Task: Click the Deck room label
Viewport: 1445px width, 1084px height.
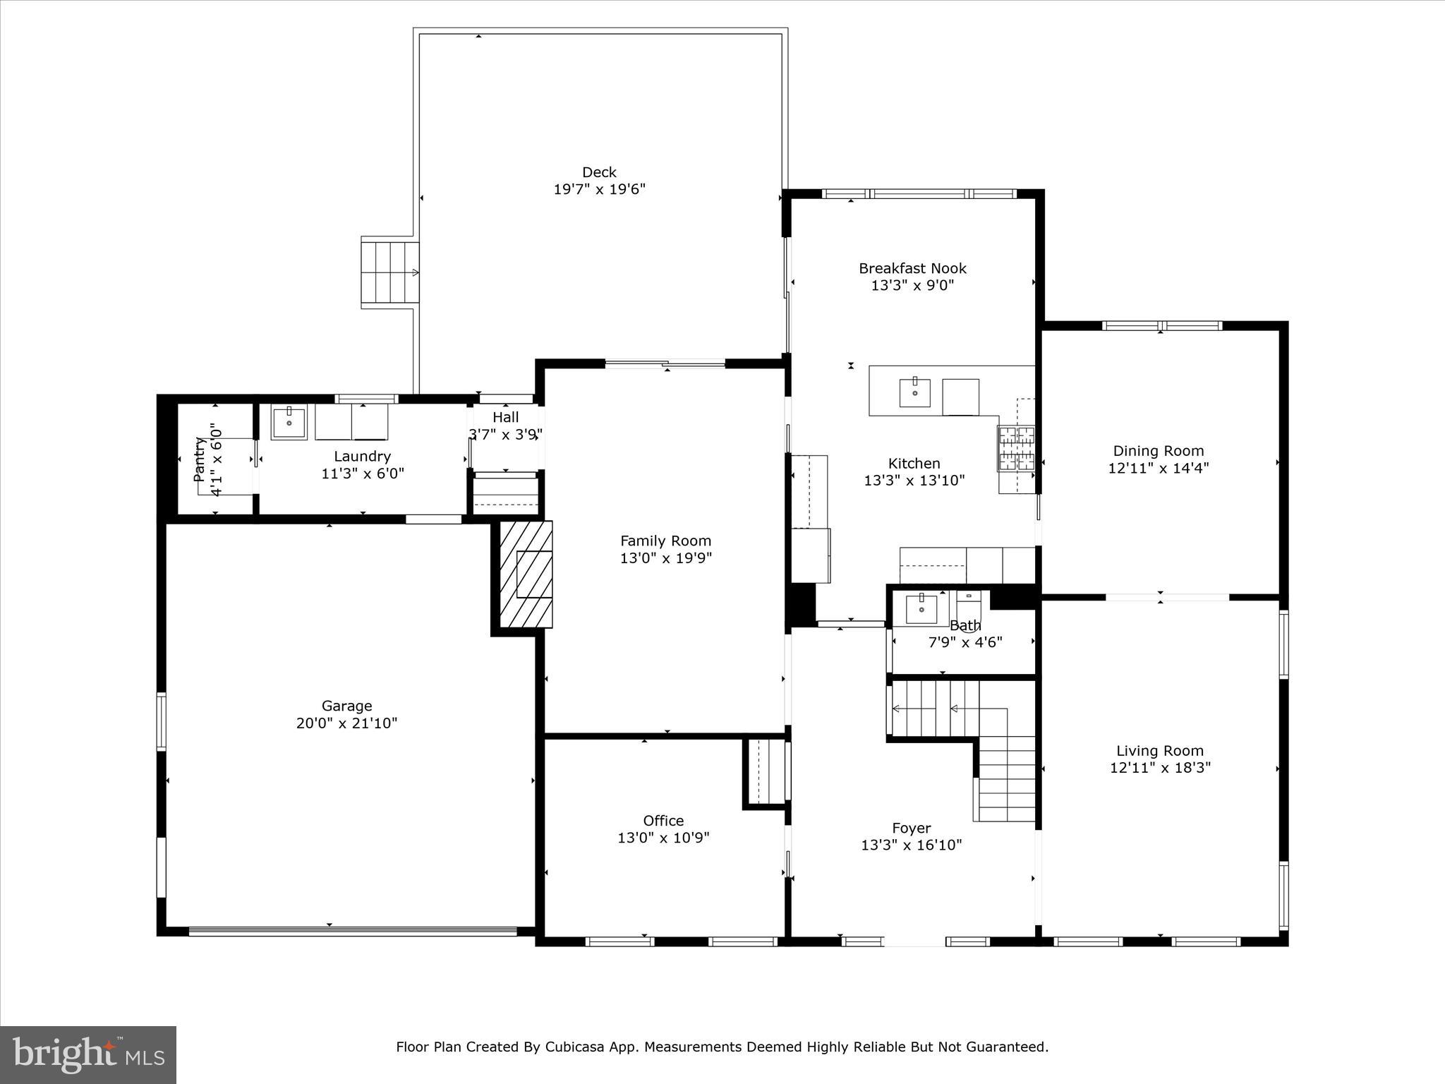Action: coord(599,172)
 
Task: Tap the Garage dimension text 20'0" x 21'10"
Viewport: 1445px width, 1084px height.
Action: coord(346,723)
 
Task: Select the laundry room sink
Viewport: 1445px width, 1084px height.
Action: coord(289,422)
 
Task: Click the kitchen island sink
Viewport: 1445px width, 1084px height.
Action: coord(914,392)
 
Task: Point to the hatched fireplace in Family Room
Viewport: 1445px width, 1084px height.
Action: coord(526,574)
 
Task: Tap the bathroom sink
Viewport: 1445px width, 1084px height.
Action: coord(921,608)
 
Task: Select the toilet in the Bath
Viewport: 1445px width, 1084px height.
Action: coord(969,607)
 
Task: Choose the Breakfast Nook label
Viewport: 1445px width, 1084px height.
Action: coord(912,268)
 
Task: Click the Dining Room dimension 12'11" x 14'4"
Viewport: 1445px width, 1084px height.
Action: coord(1159,468)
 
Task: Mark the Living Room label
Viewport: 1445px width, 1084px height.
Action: coord(1160,751)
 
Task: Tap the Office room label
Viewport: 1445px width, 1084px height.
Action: coord(663,821)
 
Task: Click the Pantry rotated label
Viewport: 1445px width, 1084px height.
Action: coord(200,459)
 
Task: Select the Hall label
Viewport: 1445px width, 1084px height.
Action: coord(505,417)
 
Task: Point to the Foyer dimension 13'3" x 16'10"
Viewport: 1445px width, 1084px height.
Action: coord(912,845)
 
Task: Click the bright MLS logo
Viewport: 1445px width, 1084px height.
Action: coord(88,1054)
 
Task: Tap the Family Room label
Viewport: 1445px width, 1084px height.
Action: coord(665,541)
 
